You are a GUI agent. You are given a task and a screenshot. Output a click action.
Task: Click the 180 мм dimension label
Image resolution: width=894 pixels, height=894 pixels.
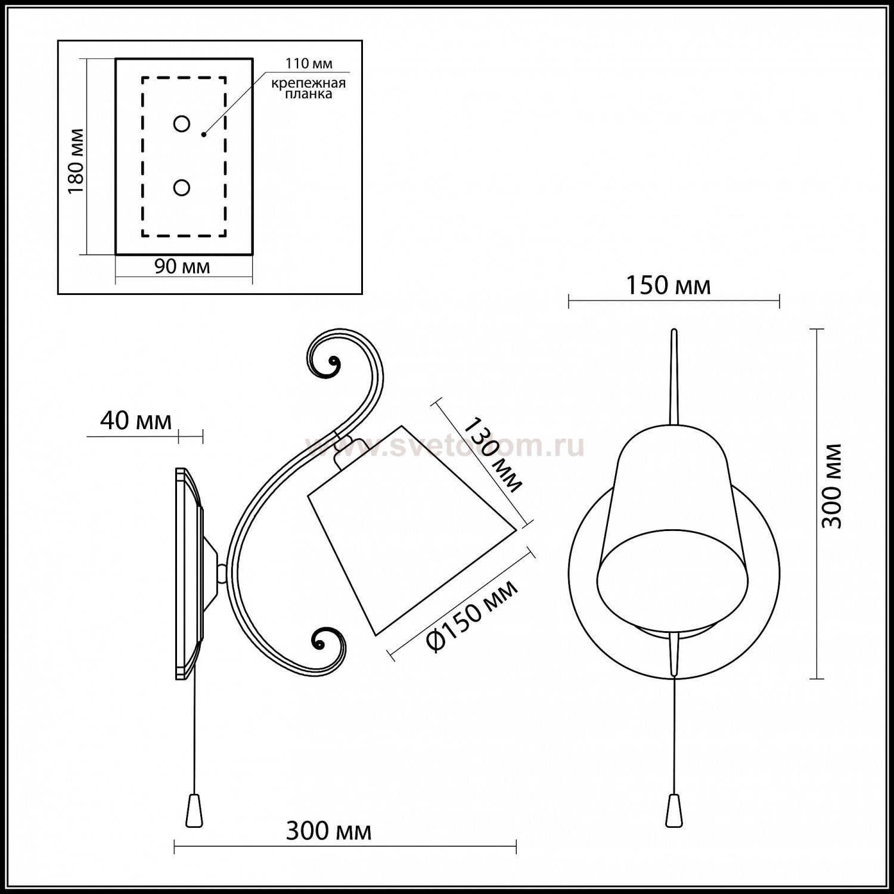[x=75, y=161]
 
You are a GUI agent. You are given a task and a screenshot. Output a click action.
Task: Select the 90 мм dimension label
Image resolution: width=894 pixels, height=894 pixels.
[x=182, y=266]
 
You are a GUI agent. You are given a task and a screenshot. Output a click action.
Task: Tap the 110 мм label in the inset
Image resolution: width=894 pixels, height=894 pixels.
[x=309, y=63]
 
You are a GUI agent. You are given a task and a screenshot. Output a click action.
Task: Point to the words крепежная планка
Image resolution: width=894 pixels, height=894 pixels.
[x=309, y=88]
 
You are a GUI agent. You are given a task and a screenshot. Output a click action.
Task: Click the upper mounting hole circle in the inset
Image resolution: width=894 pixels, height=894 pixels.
[x=182, y=124]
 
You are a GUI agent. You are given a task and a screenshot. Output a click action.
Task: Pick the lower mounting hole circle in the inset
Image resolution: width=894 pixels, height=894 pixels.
[x=182, y=188]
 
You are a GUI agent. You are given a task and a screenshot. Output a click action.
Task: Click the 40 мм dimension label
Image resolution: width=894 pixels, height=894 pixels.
[x=135, y=421]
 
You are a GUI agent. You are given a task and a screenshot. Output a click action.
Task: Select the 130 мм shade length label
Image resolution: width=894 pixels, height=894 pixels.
[x=492, y=455]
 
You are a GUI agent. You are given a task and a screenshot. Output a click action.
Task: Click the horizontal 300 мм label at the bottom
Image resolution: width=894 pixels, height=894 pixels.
[x=328, y=831]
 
